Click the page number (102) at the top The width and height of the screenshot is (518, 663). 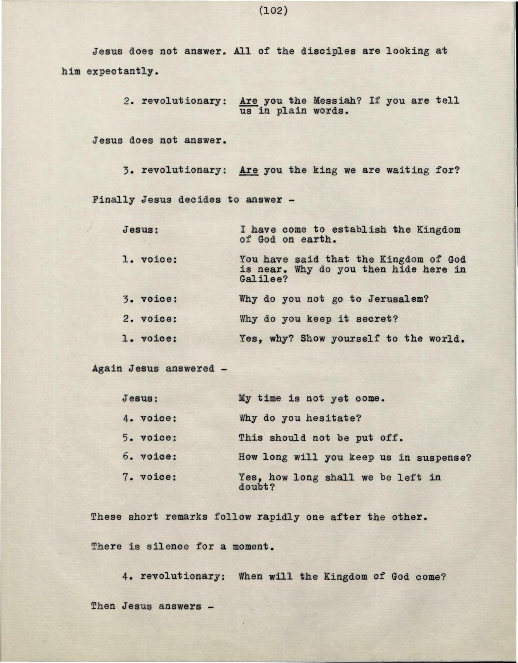click(274, 11)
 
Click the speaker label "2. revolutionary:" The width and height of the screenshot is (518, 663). click(175, 101)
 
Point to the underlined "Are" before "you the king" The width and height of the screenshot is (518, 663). click(248, 170)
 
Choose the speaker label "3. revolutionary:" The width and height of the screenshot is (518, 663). click(175, 170)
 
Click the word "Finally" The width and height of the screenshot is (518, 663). click(112, 200)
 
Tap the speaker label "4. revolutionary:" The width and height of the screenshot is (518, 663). click(173, 576)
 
